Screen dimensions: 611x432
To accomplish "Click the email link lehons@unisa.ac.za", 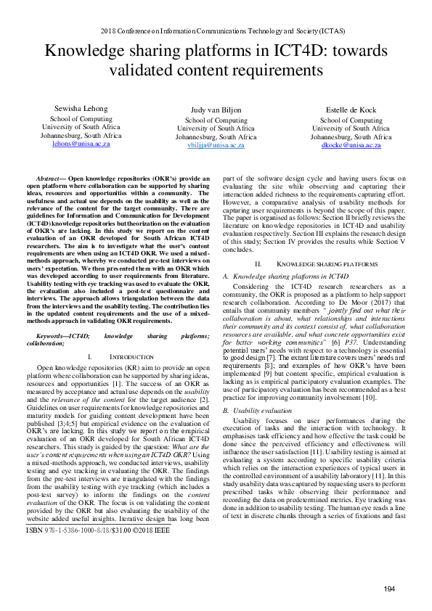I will pos(81,144).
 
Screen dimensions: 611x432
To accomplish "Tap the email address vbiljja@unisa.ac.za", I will pos(216,145).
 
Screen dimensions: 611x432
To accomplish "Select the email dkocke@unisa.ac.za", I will pos(351,145).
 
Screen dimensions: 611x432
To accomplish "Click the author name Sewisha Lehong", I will pos(81,109).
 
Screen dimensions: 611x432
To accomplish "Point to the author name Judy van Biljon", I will pos(216,110).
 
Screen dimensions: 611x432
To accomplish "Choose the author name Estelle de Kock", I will pos(351,110).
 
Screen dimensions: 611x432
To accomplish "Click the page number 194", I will pos(389,588).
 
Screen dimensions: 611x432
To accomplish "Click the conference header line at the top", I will pos(216,30).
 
